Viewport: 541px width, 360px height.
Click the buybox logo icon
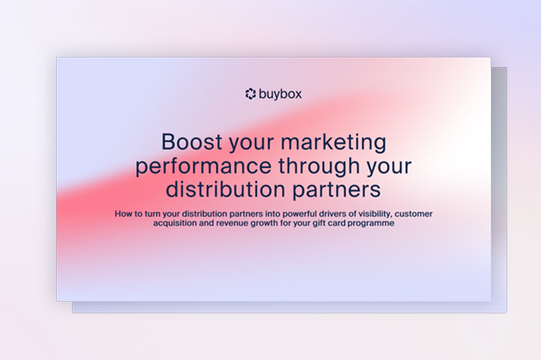click(250, 94)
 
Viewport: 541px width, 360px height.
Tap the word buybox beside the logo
click(279, 94)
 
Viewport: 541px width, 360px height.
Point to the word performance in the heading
click(196, 166)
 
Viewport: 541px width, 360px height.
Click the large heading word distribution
click(226, 190)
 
